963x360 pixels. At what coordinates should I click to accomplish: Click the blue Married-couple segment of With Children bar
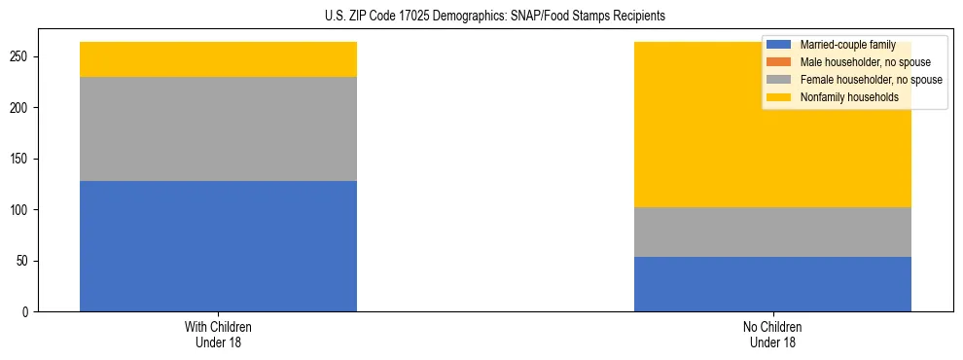coord(218,246)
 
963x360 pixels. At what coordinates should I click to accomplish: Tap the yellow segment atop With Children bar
coord(218,59)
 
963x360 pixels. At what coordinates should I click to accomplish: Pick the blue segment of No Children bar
coord(772,284)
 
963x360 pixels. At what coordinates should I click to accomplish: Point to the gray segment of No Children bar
coord(772,232)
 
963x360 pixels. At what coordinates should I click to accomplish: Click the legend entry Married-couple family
coord(846,45)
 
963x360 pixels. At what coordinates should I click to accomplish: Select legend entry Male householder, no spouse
coord(857,62)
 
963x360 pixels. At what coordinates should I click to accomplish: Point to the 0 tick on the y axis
coord(28,312)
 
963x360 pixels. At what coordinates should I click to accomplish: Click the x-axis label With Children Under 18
coord(218,335)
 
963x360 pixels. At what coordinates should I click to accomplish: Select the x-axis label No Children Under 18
coord(772,335)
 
